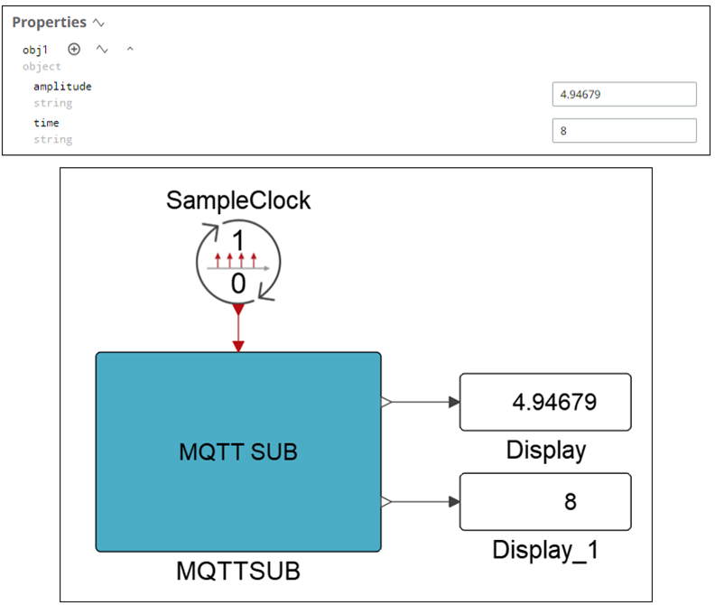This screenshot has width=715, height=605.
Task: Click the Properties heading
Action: point(49,22)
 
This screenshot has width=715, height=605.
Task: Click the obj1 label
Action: point(35,50)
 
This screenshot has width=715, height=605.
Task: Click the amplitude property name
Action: point(62,87)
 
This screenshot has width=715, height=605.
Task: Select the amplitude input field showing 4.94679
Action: point(624,94)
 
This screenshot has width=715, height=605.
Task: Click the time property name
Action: point(46,123)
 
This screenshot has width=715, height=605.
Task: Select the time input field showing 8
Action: point(624,130)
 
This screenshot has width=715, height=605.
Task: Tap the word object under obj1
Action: point(42,67)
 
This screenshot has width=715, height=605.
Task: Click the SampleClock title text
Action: point(238,200)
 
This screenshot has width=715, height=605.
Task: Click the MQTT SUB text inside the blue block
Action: point(238,451)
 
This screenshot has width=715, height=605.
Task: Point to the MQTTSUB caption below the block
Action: point(238,571)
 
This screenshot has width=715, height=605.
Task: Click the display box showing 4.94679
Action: point(545,402)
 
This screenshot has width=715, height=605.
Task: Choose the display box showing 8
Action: point(545,501)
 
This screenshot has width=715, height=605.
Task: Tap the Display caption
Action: point(545,450)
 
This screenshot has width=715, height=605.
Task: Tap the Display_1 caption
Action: point(545,549)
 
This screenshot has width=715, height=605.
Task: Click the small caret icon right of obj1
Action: point(130,50)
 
